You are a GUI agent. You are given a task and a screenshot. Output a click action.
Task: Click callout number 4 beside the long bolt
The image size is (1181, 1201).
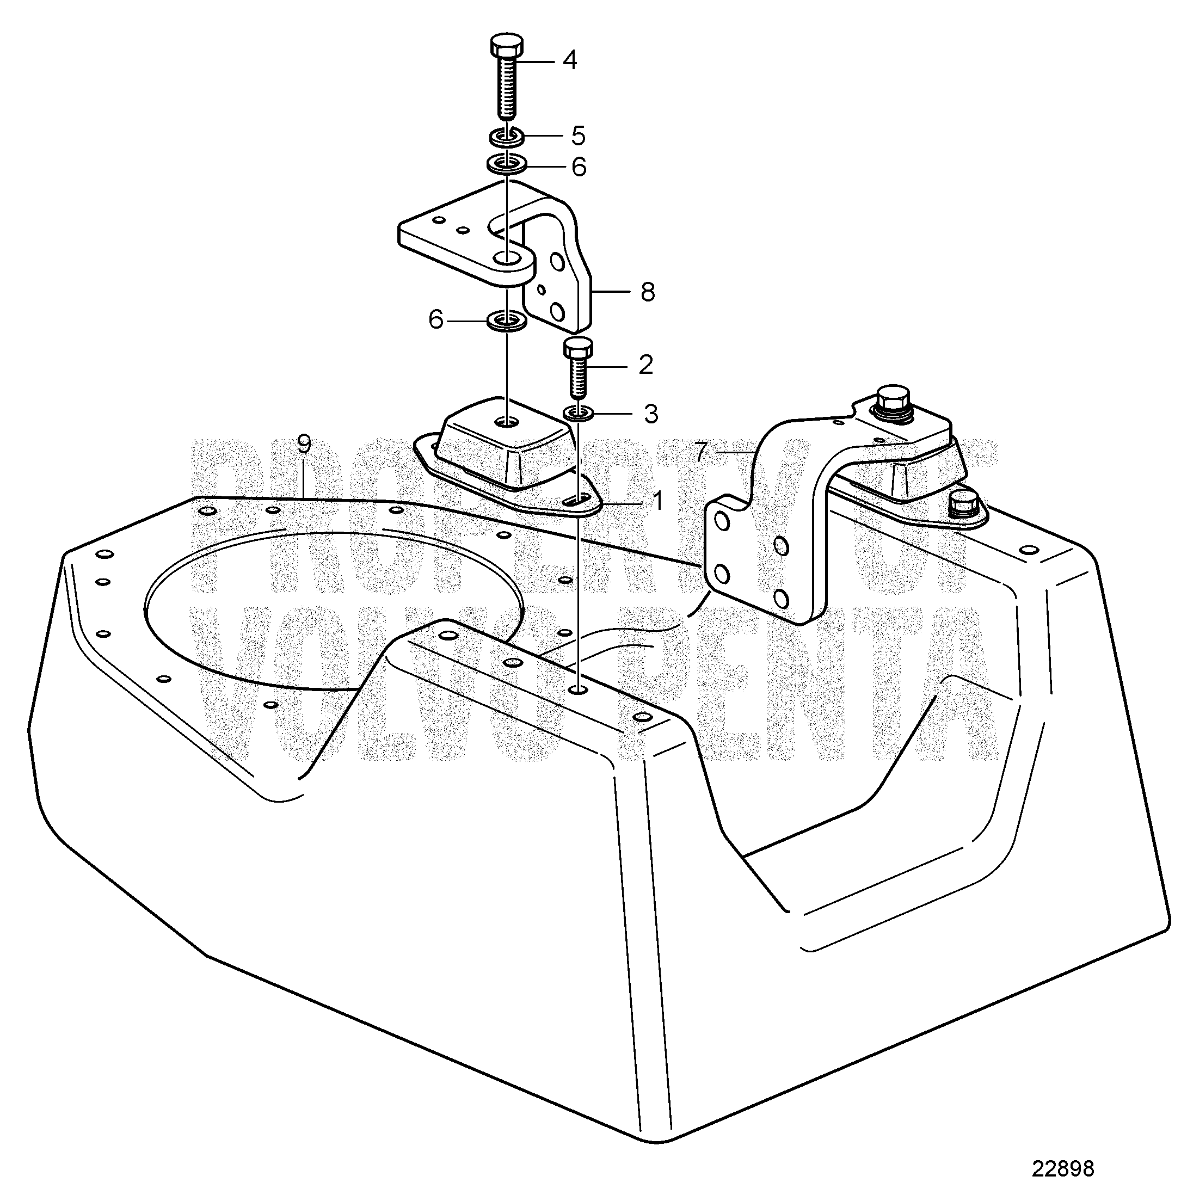click(x=569, y=61)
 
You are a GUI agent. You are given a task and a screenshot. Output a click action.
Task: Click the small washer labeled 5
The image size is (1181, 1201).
click(x=507, y=136)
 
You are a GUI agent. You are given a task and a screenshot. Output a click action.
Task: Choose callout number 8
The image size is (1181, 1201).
click(x=648, y=291)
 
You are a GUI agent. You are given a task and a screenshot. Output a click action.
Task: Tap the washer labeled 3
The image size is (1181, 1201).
click(x=578, y=412)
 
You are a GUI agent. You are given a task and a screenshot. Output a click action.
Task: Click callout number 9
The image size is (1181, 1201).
click(x=303, y=445)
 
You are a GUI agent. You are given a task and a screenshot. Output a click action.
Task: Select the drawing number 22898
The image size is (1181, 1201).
click(x=1063, y=1169)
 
